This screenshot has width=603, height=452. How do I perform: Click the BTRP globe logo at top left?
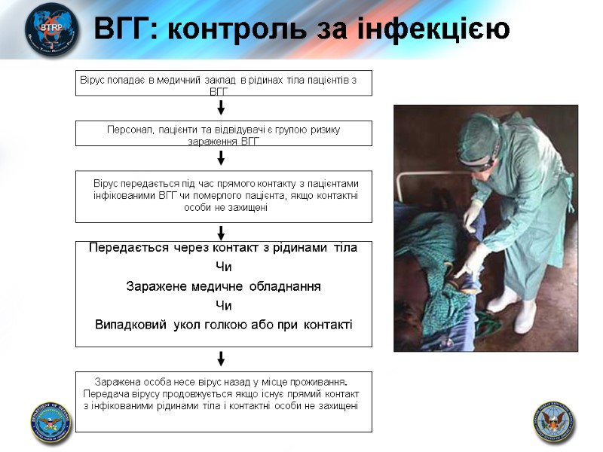pyautogui.click(x=51, y=29)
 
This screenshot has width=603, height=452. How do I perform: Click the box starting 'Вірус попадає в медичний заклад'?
pyautogui.click(x=224, y=84)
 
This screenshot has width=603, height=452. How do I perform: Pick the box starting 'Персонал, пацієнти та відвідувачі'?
pyautogui.click(x=224, y=134)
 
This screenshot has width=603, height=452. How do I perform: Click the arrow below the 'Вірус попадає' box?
pyautogui.click(x=222, y=108)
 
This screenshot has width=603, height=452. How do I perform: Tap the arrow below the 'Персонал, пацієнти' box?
pyautogui.click(x=222, y=157)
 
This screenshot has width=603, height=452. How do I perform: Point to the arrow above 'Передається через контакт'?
pyautogui.click(x=222, y=232)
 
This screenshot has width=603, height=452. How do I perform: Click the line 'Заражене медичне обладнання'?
pyautogui.click(x=223, y=287)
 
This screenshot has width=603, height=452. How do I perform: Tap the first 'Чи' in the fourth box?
pyautogui.click(x=223, y=267)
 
